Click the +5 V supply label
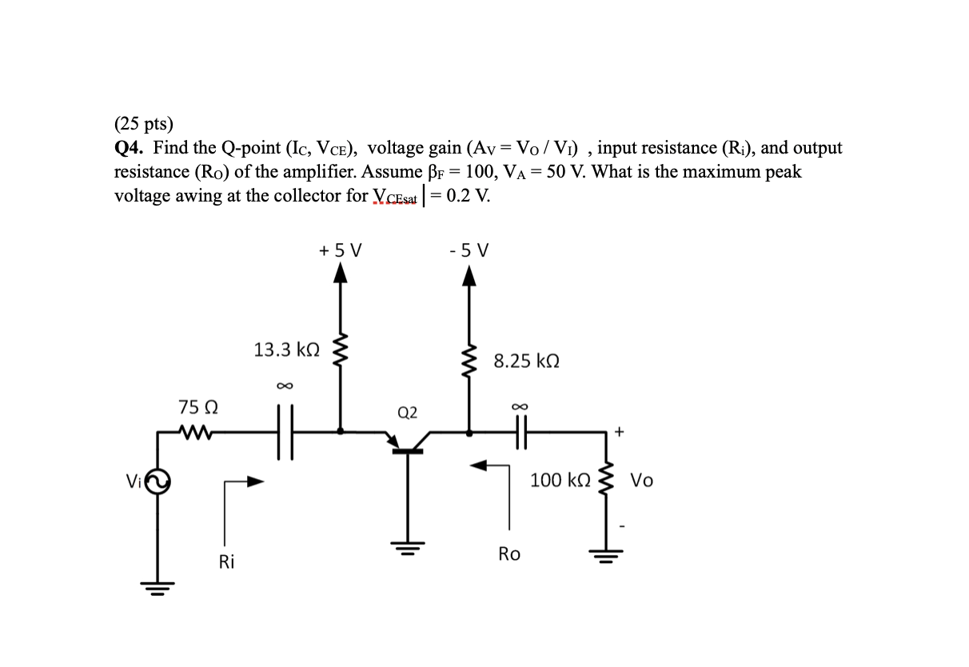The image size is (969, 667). point(340,250)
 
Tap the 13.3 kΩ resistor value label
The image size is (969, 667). point(286,349)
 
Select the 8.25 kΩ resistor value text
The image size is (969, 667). point(526,361)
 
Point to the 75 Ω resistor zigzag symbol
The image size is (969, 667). point(196,433)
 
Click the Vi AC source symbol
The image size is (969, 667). point(157,481)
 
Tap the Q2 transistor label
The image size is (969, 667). point(407,413)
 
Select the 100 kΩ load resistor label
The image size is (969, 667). point(560,481)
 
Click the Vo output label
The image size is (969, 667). point(641,481)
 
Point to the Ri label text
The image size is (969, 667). point(227,562)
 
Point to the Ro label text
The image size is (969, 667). point(508,553)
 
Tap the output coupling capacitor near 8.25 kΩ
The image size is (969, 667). point(524,433)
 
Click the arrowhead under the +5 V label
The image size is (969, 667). point(341,275)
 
